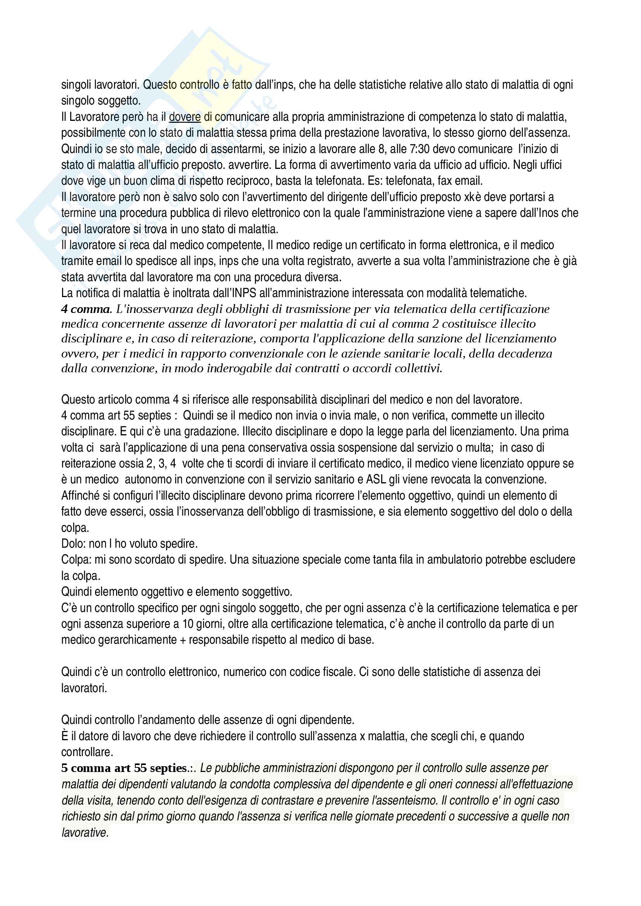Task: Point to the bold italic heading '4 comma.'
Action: pos(87,309)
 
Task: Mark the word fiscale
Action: pos(339,672)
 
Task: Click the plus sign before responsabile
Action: pos(183,640)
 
